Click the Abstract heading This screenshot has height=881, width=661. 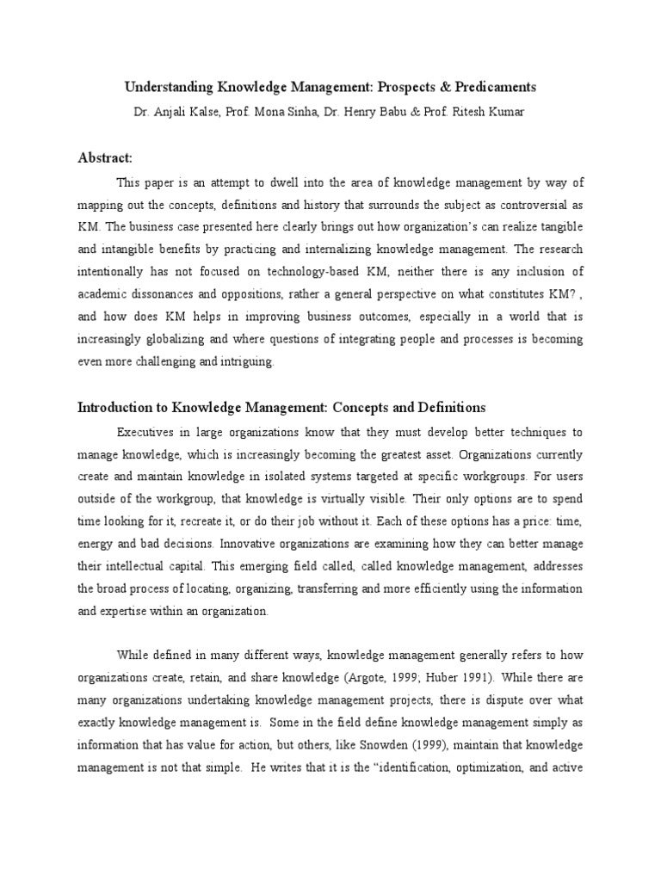(105, 157)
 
